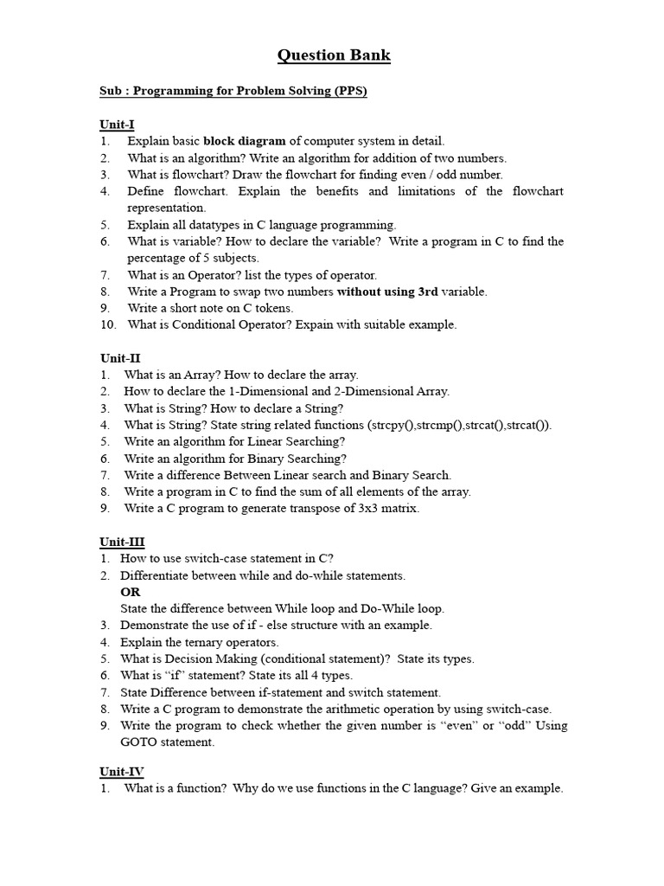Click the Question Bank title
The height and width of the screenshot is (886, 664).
coord(334,56)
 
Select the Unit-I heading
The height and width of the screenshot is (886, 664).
coord(117,124)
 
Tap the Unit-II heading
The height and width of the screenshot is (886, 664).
coord(119,357)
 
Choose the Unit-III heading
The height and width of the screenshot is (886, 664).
coord(122,542)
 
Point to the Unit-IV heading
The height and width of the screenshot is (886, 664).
coord(122,772)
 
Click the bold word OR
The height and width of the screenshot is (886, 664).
coord(130,592)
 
